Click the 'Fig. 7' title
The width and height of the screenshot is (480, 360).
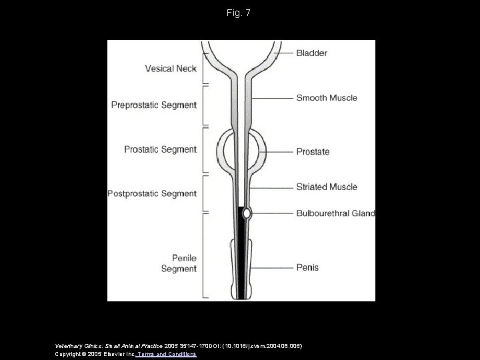[x=240, y=13]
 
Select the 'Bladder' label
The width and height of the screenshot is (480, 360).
[x=312, y=52]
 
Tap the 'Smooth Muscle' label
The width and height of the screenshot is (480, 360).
[x=327, y=98]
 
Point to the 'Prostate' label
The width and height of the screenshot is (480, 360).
[x=313, y=151]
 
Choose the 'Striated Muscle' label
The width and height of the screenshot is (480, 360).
[x=327, y=187]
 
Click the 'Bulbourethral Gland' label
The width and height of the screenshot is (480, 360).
[x=335, y=214]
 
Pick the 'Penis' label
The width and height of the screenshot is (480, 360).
[x=307, y=268]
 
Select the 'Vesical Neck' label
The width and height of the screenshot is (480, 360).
[x=170, y=68]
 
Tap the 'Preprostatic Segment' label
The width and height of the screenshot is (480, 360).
[x=154, y=105]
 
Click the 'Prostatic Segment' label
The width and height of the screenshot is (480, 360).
[x=161, y=149]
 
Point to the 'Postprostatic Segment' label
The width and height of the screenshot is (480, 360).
[x=153, y=194]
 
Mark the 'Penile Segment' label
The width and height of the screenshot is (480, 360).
[x=179, y=264]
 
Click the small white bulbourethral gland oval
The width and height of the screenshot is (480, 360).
[x=247, y=213]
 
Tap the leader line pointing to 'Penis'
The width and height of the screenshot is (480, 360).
[x=273, y=268]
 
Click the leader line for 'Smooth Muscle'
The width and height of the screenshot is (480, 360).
[x=273, y=98]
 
